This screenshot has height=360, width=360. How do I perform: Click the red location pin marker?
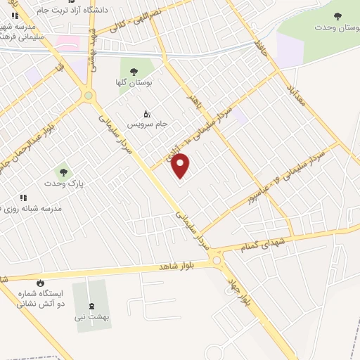point(181,165)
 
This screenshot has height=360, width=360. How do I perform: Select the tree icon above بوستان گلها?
point(133,71)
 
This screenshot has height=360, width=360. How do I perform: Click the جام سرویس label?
point(147,123)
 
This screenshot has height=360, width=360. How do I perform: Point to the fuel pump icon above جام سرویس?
point(147,112)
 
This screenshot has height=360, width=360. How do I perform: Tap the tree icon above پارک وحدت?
point(63,172)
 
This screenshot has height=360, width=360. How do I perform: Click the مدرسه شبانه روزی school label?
point(32,209)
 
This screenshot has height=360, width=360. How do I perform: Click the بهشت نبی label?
point(91,318)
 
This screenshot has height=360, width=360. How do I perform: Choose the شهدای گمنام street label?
point(263,243)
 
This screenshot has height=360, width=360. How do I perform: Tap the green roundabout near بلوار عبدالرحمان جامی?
point(89,96)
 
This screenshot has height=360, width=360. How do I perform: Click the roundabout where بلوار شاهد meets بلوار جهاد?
point(218,262)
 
